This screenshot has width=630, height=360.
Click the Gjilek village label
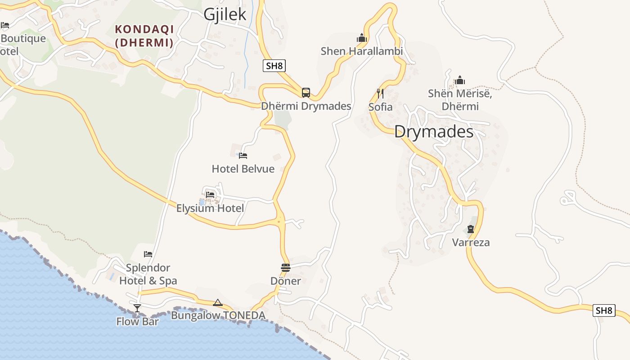tap(225, 14)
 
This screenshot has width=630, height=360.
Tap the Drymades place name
tap(434, 132)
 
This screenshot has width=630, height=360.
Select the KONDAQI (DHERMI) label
tap(144, 36)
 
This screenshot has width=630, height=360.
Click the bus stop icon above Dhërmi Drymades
tap(306, 93)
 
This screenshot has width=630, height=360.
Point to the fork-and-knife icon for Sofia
tap(380, 94)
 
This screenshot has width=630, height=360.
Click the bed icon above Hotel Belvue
tap(243, 156)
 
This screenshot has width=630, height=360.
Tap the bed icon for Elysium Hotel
tap(210, 195)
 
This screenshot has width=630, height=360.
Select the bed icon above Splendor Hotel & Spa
tap(148, 254)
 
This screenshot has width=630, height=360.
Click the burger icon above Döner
tap(285, 268)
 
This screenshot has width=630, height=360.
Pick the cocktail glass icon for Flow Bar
tap(137, 308)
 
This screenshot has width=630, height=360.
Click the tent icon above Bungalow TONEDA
tap(218, 303)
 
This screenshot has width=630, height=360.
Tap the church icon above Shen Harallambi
tap(362, 38)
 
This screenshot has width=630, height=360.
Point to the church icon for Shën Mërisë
tap(460, 81)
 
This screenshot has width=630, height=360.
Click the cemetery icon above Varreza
tap(471, 229)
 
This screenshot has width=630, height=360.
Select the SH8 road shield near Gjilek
tap(274, 66)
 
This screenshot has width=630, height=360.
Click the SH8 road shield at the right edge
tap(604, 310)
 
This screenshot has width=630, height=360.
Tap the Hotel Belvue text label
tap(243, 169)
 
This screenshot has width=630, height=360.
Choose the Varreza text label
tap(471, 243)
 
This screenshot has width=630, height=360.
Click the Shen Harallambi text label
tap(362, 51)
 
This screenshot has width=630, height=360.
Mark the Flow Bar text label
tap(137, 321)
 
